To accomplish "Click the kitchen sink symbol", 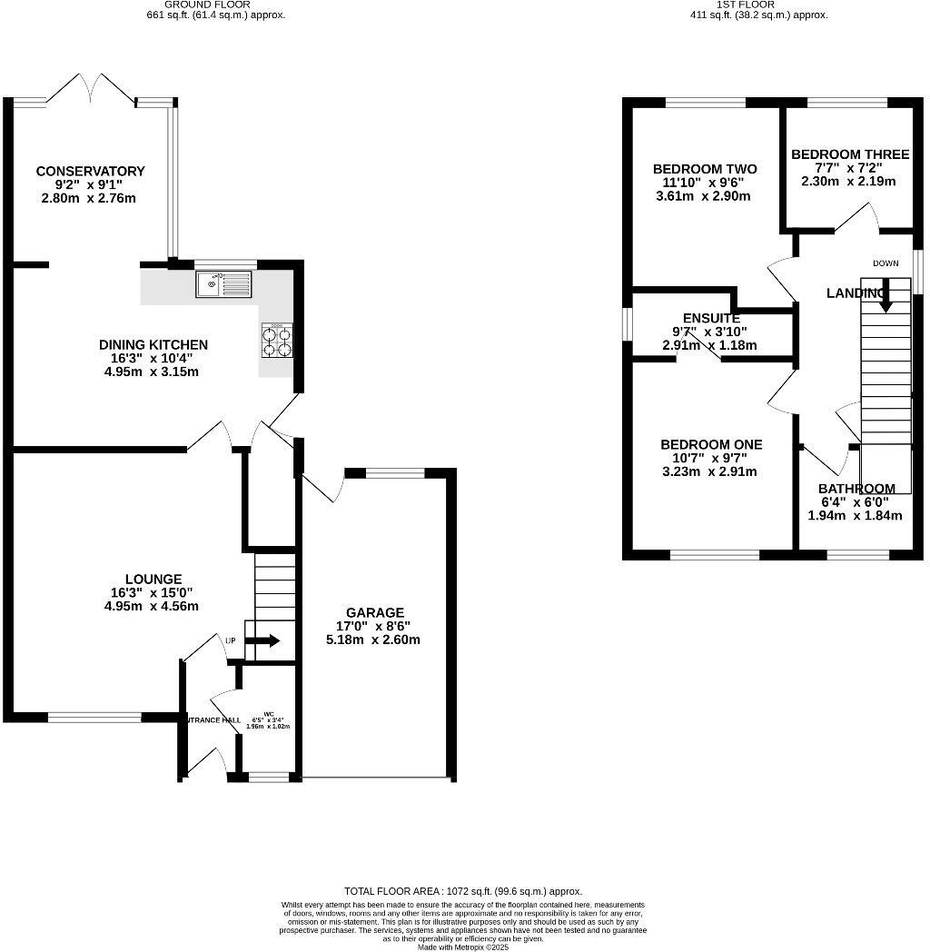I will pyautogui.click(x=223, y=284).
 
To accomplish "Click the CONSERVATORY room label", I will pyautogui.click(x=90, y=171).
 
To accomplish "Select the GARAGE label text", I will pyautogui.click(x=374, y=612).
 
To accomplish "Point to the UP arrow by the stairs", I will pyautogui.click(x=264, y=640).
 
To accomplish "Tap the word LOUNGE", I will pyautogui.click(x=153, y=579).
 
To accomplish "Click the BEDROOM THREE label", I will pyautogui.click(x=849, y=154).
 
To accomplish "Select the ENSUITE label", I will pyautogui.click(x=711, y=318).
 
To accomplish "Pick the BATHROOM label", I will pyautogui.click(x=856, y=489).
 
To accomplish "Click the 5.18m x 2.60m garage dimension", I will pyautogui.click(x=373, y=640).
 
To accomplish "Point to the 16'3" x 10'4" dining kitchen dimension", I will pyautogui.click(x=153, y=358).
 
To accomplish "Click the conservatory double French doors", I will pyautogui.click(x=91, y=87).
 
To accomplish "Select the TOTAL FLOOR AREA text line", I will pyautogui.click(x=462, y=891).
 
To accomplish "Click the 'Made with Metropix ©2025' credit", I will pyautogui.click(x=462, y=947).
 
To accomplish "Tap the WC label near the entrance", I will pyautogui.click(x=268, y=713).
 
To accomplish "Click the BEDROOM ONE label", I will pyautogui.click(x=711, y=444).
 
